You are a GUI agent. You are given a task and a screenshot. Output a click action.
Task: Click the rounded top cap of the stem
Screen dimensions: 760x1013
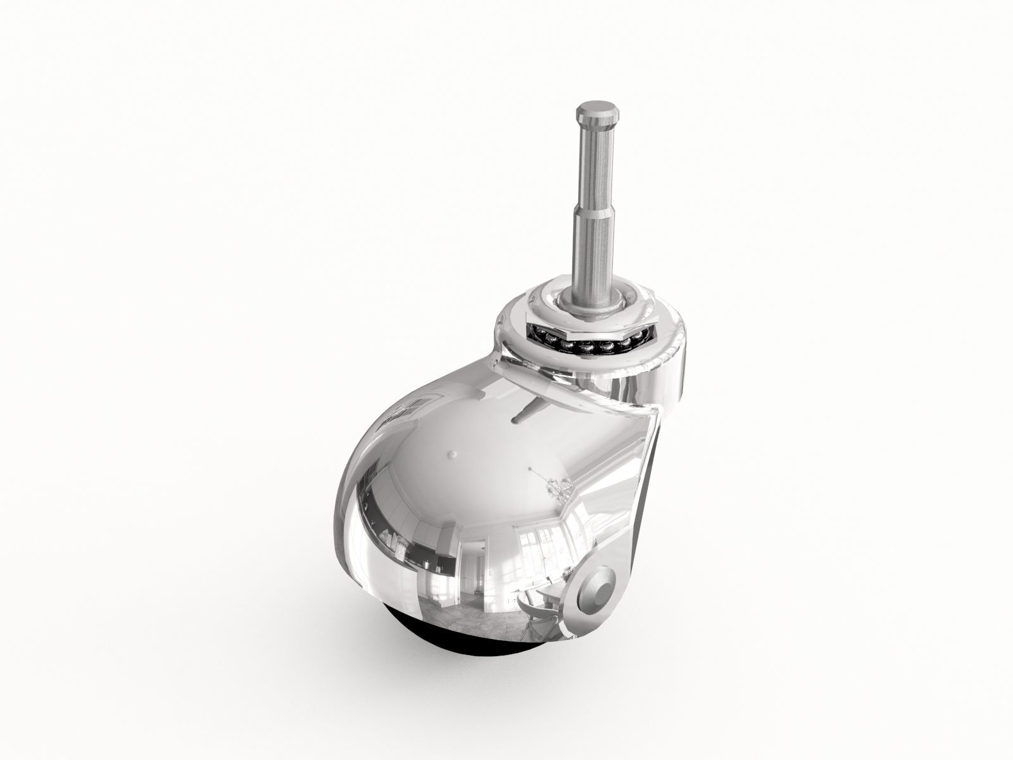(x=591, y=116)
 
